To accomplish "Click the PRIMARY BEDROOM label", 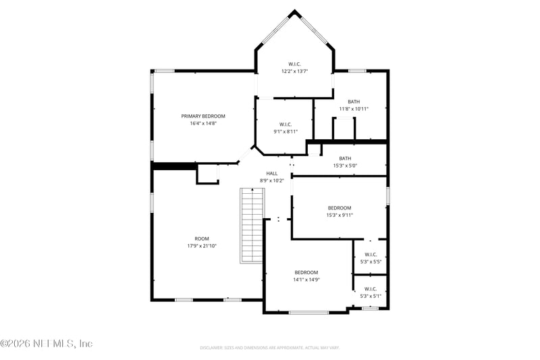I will pyautogui.click(x=203, y=116).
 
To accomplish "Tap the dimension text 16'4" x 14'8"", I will pyautogui.click(x=203, y=124).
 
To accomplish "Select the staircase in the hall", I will pyautogui.click(x=252, y=226).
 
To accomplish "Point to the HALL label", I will pyautogui.click(x=271, y=173).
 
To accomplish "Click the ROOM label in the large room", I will pyautogui.click(x=202, y=238).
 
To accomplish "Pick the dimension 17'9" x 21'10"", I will pyautogui.click(x=202, y=246).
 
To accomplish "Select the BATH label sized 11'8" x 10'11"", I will pyautogui.click(x=354, y=101).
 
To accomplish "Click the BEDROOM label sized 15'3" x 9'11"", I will pyautogui.click(x=340, y=207).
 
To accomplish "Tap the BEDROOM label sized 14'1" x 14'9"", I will pyautogui.click(x=306, y=272).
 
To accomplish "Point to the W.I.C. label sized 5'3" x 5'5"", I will pyautogui.click(x=370, y=254).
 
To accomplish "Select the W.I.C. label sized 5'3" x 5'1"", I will pyautogui.click(x=370, y=288).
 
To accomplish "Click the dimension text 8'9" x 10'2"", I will pyautogui.click(x=271, y=180).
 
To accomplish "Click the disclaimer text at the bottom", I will pyautogui.click(x=269, y=347).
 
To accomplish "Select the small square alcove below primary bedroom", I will pyautogui.click(x=207, y=174).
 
